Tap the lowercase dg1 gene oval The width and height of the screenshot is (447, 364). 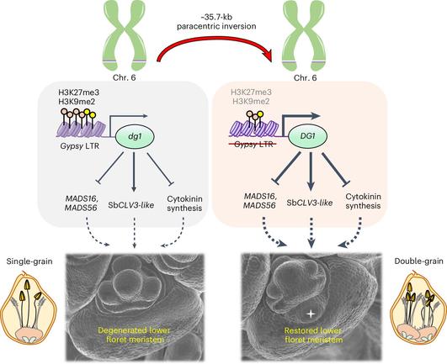click(x=135, y=137)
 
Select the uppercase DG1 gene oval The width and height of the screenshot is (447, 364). click(x=307, y=136)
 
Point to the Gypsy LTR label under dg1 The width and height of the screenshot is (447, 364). click(x=79, y=146)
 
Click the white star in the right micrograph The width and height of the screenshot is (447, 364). click(x=311, y=314)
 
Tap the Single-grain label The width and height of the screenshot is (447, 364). click(x=29, y=261)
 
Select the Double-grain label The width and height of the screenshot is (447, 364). click(x=418, y=261)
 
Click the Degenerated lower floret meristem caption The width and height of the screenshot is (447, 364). click(x=135, y=335)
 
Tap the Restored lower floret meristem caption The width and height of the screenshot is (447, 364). click(x=313, y=335)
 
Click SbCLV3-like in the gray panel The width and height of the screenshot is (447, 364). click(x=130, y=205)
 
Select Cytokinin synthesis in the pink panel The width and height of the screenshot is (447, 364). click(x=363, y=201)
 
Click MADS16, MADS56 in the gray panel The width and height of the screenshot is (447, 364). click(x=81, y=203)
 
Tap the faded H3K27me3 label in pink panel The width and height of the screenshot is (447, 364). click(x=251, y=92)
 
